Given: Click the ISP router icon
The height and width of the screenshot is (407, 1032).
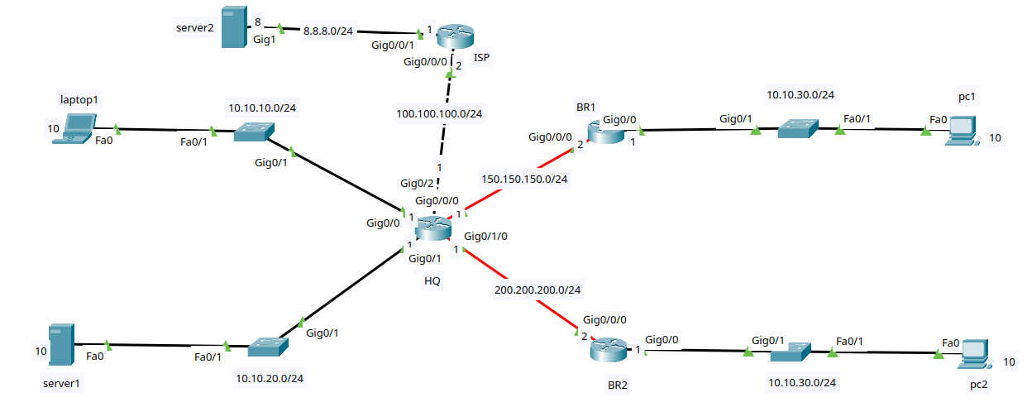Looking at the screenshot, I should click(454, 36).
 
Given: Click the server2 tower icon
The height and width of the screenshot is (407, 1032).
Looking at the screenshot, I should click(234, 27).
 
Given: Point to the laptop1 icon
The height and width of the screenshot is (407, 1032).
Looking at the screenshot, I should click(74, 129).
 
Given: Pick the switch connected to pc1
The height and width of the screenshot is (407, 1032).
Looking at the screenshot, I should click(797, 129).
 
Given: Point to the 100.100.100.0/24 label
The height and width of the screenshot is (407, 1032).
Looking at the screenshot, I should click(439, 113).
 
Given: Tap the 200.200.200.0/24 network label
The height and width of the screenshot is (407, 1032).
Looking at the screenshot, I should click(537, 290).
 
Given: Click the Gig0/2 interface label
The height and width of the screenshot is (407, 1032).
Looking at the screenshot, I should click(416, 183).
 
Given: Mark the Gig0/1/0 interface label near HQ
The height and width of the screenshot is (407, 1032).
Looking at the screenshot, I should click(485, 237).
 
